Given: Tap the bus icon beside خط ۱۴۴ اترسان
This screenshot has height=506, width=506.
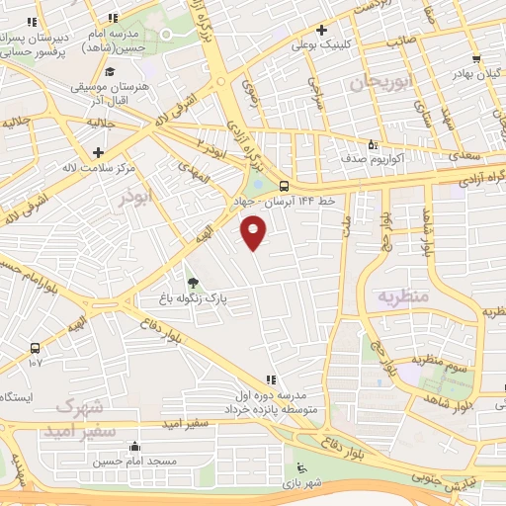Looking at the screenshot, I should [285, 186].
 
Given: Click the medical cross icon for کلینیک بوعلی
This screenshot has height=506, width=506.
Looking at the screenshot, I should [323, 31].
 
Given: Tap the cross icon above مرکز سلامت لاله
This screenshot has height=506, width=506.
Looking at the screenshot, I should [98, 152].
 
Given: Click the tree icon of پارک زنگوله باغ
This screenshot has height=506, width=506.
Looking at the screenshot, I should [193, 282].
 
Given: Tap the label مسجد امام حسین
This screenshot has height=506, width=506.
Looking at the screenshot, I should [134, 462].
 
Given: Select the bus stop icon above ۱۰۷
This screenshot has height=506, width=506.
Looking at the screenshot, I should [36, 348].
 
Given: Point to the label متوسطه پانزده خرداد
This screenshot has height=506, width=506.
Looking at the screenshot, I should [258, 407].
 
